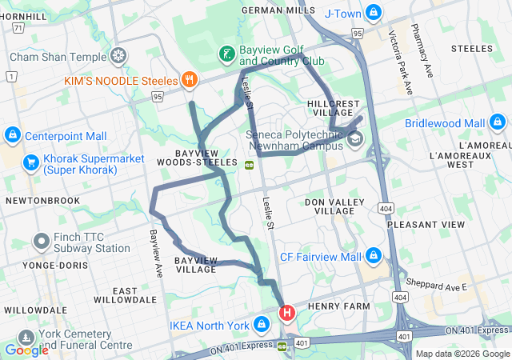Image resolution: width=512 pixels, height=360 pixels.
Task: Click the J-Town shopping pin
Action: [373, 13]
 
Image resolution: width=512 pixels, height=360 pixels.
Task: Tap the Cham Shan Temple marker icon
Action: [118, 57]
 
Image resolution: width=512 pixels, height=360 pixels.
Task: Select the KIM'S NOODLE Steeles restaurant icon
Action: [189, 79]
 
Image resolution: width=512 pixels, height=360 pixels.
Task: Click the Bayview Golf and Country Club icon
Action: [228, 54]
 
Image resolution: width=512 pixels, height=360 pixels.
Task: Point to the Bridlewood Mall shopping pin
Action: [498, 123]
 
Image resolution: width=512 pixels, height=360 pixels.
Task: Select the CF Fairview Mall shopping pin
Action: [373, 257]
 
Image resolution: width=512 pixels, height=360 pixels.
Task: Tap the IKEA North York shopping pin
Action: [261, 325]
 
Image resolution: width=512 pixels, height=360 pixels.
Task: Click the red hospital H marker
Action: [286, 312]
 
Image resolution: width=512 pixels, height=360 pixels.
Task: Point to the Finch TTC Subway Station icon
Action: [41, 241]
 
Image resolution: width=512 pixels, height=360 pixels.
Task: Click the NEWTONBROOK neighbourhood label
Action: [38, 200]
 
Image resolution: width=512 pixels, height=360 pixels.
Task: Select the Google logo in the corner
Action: [26, 350]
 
